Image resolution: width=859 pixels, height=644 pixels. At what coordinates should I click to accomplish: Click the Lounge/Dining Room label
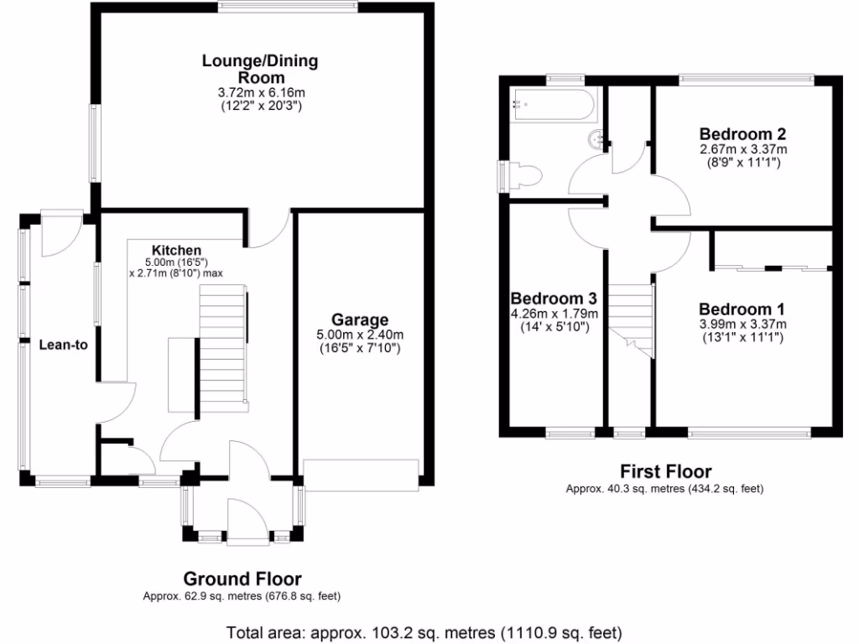pyautogui.click(x=260, y=69)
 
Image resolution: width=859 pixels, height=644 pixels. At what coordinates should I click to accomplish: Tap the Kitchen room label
pyautogui.click(x=176, y=250)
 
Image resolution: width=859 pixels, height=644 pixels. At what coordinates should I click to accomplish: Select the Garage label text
pyautogui.click(x=359, y=319)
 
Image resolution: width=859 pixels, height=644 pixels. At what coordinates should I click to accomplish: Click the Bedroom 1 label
pyautogui.click(x=736, y=309)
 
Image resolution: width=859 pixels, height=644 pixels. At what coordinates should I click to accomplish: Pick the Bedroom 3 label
pyautogui.click(x=554, y=299)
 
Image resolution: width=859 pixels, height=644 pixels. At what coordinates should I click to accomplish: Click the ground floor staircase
pyautogui.click(x=222, y=348)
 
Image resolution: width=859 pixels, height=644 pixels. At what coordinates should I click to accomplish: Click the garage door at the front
pyautogui.click(x=361, y=475)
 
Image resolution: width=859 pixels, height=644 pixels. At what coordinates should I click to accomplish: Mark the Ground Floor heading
pyautogui.click(x=242, y=579)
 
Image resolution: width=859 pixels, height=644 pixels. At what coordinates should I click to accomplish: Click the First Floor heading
pyautogui.click(x=665, y=471)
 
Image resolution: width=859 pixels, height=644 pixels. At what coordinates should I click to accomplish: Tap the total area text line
pyautogui.click(x=424, y=631)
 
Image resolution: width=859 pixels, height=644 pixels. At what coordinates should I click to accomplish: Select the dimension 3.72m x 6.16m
pyautogui.click(x=260, y=92)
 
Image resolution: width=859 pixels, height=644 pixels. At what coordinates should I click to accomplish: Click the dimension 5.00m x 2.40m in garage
pyautogui.click(x=359, y=335)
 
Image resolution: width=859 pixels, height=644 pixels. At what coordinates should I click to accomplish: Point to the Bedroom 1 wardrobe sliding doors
pyautogui.click(x=772, y=269)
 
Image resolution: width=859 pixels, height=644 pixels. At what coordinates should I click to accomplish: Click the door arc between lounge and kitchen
pyautogui.click(x=268, y=231)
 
